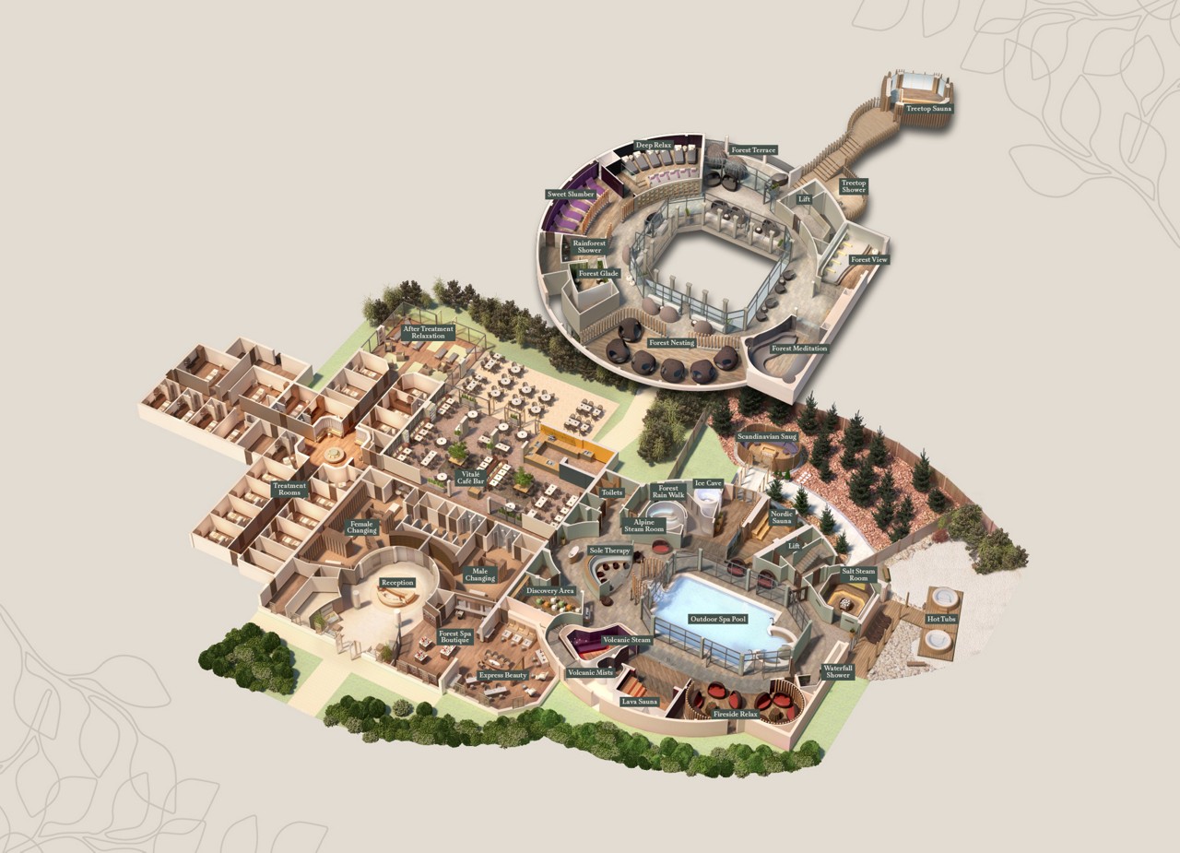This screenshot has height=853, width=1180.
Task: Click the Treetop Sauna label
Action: click(x=928, y=109)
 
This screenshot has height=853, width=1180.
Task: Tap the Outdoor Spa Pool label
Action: click(x=717, y=619)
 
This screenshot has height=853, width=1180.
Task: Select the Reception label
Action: click(x=397, y=583)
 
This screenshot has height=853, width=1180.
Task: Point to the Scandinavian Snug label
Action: click(x=767, y=436)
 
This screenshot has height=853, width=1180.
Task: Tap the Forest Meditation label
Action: click(x=799, y=349)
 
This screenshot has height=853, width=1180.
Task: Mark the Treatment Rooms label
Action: click(x=289, y=490)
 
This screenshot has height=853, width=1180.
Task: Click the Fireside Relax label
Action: click(x=736, y=714)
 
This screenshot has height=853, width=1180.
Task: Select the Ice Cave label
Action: click(x=708, y=483)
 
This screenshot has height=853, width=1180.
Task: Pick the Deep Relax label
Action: click(x=652, y=145)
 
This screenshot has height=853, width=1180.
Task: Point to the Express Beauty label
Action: click(x=503, y=675)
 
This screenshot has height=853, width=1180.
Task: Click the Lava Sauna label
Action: click(x=640, y=702)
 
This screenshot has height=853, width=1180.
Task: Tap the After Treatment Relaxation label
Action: click(x=428, y=332)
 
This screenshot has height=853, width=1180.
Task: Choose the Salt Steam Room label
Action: click(x=858, y=575)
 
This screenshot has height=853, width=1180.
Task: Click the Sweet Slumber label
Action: click(x=571, y=195)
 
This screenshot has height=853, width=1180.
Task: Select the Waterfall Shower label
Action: click(x=838, y=670)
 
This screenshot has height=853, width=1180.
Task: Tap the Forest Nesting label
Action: click(x=671, y=343)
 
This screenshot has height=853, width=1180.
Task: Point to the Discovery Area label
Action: click(x=550, y=591)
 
